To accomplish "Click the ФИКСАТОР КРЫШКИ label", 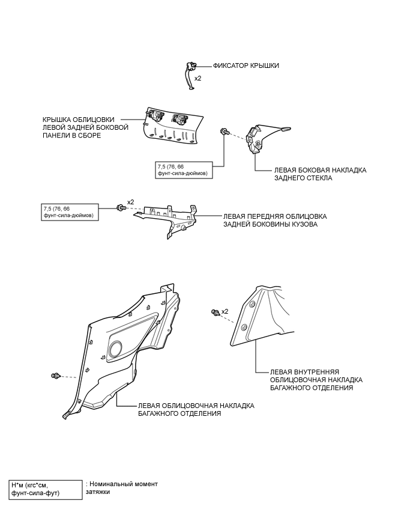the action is coord(246,66).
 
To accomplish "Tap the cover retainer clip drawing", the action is coord(190,76).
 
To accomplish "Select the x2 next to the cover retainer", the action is coord(198,78).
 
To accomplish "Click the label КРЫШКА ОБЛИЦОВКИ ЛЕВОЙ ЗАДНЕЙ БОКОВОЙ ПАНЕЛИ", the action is coord(85,127).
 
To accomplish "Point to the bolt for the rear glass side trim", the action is coord(225,131).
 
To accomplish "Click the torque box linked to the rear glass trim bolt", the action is coord(184,170).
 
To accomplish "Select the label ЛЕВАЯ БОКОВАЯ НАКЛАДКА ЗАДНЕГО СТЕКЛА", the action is coord(320,174).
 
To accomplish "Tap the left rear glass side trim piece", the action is coord(266,138).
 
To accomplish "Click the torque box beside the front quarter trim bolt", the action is coord(70,212).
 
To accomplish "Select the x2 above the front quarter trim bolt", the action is coord(130,202).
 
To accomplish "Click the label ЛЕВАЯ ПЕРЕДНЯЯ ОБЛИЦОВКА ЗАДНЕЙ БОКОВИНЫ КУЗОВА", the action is coord(275,221).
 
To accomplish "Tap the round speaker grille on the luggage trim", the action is coord(115,349).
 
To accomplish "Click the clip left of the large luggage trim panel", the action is coord(56,376).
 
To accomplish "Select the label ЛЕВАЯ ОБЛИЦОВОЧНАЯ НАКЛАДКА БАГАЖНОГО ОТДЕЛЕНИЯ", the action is coord(196,409).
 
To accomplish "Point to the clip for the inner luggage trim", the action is coord(215,312).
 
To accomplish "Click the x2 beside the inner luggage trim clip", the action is coord(225,311).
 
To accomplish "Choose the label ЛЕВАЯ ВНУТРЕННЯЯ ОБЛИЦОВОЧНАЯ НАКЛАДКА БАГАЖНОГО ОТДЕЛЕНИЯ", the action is coord(316,380).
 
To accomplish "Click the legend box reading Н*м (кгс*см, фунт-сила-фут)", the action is coord(46,489).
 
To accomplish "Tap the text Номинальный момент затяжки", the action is coord(122,488).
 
